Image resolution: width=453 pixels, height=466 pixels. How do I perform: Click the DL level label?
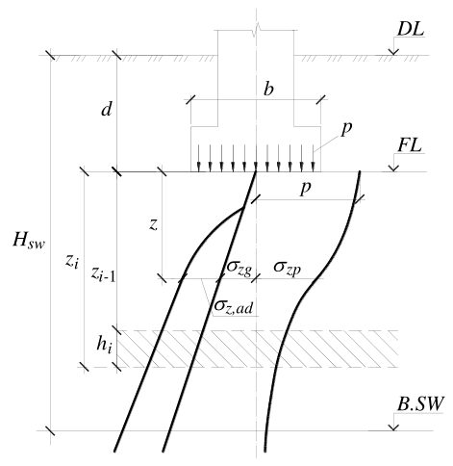411,29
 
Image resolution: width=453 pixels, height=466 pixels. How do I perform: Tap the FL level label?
410,146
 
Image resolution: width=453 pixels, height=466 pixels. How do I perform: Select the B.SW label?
420,403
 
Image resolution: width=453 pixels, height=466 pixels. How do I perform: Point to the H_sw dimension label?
29,240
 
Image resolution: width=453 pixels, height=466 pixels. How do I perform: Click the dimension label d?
107,110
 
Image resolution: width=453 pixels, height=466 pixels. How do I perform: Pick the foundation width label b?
268,90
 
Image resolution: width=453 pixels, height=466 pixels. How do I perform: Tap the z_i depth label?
71,262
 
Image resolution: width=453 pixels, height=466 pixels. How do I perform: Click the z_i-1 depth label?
103,274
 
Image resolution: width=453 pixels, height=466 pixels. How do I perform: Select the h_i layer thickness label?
105,346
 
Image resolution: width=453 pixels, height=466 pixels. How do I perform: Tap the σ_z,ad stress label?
234,306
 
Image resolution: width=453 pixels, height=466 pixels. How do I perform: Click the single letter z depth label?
154,225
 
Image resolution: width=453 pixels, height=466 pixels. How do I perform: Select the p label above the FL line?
346,129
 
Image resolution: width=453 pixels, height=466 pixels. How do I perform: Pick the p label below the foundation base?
306,189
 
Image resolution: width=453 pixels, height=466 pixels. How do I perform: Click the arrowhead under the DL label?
393,52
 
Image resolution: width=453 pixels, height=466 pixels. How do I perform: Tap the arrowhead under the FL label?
393,168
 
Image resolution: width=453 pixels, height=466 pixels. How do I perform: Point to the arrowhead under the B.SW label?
393,427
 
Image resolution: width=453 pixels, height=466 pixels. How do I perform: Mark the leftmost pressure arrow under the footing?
199,158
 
